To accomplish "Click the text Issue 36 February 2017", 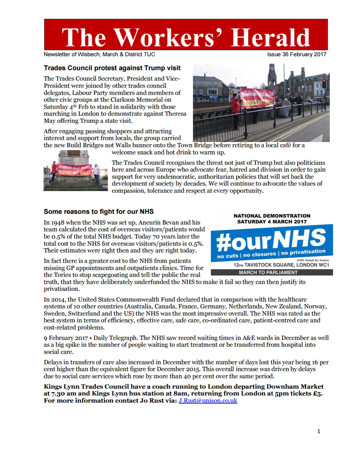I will [297, 55].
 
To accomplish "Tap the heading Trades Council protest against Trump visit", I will [112, 68].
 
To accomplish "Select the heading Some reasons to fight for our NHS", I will [99, 212].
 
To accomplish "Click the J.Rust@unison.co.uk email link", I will [208, 400].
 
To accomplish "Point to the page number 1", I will [318, 432].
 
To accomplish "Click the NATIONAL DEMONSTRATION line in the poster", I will [272, 215].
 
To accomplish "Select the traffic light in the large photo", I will [324, 84].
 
